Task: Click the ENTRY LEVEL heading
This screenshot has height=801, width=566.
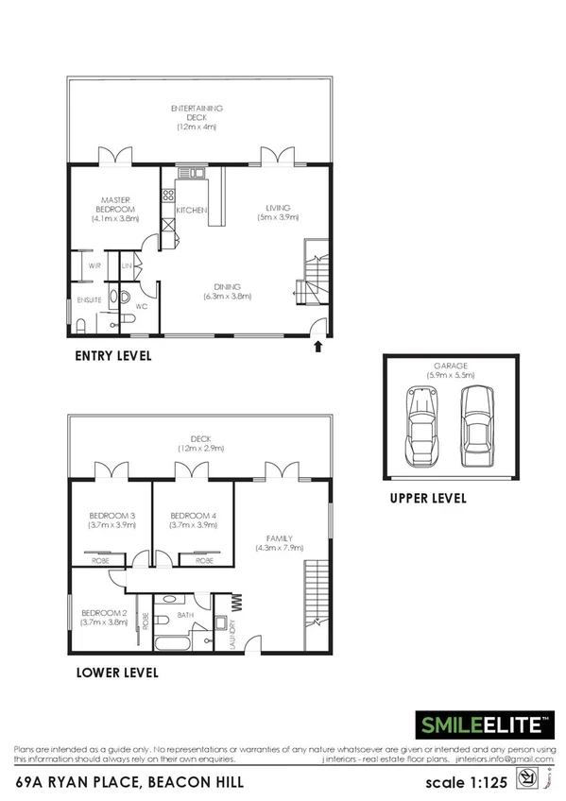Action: click(x=113, y=357)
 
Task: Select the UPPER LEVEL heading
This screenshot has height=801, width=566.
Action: click(x=427, y=498)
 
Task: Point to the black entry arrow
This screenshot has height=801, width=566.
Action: click(x=317, y=347)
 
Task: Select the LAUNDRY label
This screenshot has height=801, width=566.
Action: click(x=232, y=631)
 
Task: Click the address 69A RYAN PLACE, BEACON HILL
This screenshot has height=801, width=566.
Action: click(x=129, y=781)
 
